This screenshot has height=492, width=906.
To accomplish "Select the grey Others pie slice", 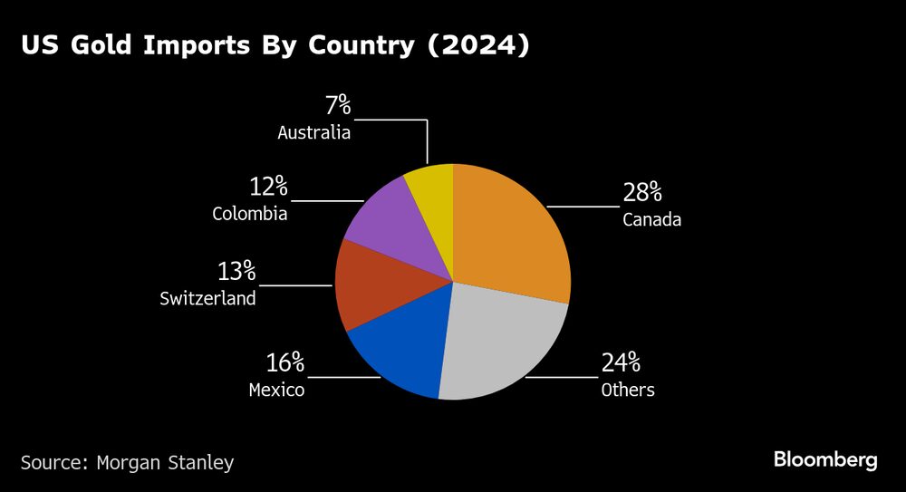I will (x=498, y=344).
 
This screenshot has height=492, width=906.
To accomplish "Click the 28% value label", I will (x=642, y=192).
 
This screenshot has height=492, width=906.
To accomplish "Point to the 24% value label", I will (x=621, y=363).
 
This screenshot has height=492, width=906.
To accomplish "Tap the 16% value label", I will (x=284, y=363).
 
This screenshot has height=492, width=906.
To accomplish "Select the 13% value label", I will (x=236, y=271).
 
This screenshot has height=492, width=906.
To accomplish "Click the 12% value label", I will (x=268, y=188).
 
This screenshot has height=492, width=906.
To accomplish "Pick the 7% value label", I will (x=337, y=105).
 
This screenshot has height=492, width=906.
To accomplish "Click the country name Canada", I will (x=651, y=219).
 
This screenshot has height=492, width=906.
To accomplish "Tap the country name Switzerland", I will (x=207, y=298).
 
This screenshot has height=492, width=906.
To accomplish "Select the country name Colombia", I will (x=249, y=215).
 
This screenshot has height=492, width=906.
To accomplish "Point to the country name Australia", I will (x=313, y=132).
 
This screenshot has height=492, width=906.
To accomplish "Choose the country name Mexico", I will (x=276, y=391).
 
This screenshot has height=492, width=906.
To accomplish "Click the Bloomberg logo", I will (x=824, y=460).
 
